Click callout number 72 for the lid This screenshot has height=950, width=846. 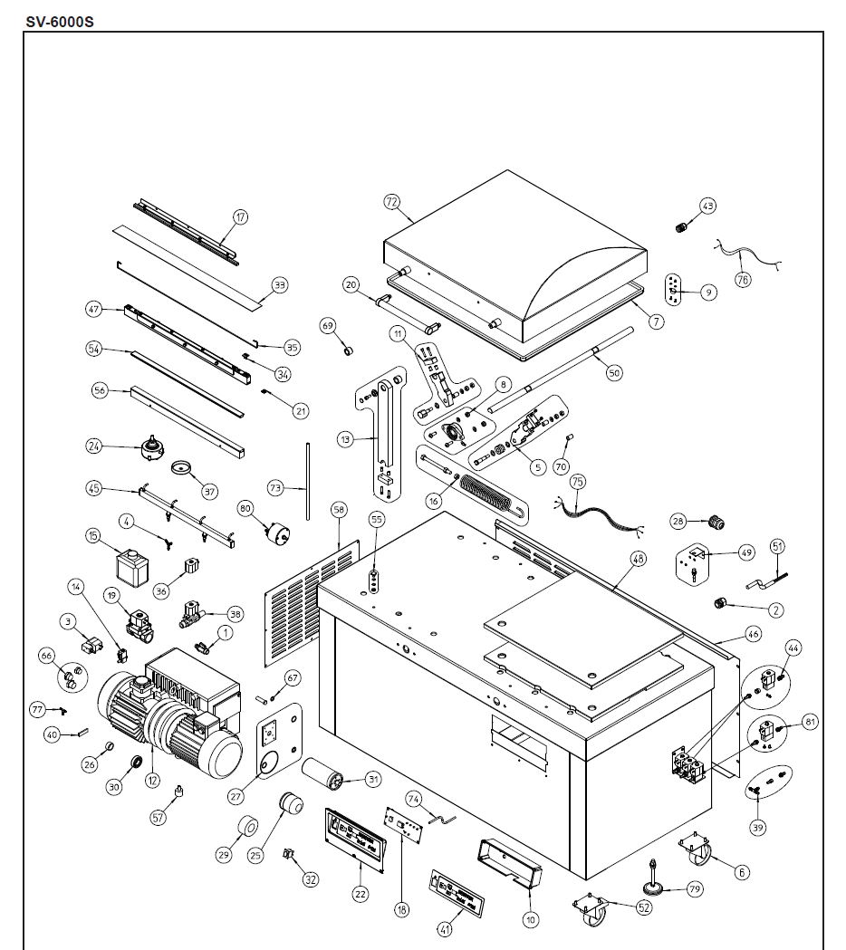(391, 203)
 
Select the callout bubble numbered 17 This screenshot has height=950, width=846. (240, 217)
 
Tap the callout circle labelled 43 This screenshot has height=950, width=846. (707, 206)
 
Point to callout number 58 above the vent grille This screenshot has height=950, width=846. (339, 511)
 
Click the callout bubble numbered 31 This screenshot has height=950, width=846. (372, 779)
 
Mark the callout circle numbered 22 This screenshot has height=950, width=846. (360, 894)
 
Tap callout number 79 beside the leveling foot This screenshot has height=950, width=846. (694, 889)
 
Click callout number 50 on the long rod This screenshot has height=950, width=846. (614, 372)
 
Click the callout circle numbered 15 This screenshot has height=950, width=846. (92, 536)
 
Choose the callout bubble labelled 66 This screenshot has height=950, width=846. (46, 654)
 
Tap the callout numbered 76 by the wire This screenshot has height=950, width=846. (743, 280)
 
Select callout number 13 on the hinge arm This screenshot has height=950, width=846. (344, 439)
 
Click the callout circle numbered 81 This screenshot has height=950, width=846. (810, 722)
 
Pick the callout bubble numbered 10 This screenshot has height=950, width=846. (531, 919)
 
